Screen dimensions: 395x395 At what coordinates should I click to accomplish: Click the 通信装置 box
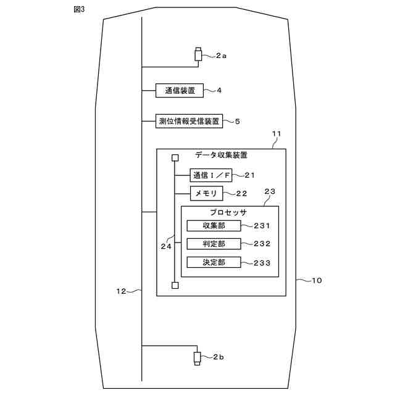point(180,91)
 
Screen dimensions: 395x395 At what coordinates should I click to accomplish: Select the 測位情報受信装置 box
point(188,121)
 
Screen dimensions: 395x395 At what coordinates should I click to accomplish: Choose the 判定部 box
point(213,244)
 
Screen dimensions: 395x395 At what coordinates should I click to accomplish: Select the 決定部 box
point(213,262)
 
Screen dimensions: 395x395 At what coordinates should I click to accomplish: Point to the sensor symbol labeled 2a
point(199,55)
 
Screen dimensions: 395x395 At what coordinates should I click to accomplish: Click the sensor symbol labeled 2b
point(197,357)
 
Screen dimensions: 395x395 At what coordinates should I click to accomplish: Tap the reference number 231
point(262,227)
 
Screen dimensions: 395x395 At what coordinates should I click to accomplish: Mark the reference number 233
point(262,262)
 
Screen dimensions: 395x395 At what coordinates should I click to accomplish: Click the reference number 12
point(122,291)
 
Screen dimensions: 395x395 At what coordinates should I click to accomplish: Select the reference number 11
point(276,134)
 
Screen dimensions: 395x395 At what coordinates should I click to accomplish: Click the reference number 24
point(166,246)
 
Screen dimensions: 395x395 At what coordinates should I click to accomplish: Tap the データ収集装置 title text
point(222,156)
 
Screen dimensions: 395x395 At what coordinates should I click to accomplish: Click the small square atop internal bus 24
point(175,158)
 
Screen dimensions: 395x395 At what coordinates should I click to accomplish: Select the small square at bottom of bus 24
point(175,285)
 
